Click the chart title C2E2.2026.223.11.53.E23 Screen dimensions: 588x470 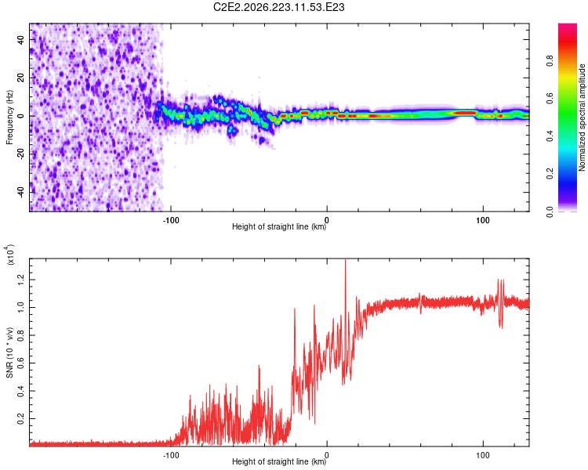click(x=278, y=7)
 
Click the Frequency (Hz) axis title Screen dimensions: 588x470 click(x=9, y=117)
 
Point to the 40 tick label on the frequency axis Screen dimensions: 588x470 click(x=20, y=39)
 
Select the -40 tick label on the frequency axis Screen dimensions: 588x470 click(x=20, y=192)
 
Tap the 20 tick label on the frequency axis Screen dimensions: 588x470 click(x=20, y=78)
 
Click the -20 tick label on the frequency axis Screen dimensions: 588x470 click(x=20, y=154)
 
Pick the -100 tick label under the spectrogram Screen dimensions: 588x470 click(x=171, y=220)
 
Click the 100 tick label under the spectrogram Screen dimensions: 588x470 click(x=483, y=220)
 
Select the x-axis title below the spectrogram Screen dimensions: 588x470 click(x=279, y=226)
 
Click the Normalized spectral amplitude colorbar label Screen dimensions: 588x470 click(x=582, y=117)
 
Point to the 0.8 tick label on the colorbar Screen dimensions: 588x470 click(x=550, y=60)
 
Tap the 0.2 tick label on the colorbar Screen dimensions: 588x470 click(x=550, y=174)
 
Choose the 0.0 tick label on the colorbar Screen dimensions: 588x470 click(x=550, y=211)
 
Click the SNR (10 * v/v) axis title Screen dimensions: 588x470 click(x=9, y=352)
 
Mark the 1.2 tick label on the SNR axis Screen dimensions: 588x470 click(x=20, y=279)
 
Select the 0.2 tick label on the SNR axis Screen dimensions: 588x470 click(x=20, y=418)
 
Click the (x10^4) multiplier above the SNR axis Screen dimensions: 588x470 click(x=9, y=255)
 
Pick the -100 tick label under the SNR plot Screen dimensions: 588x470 click(x=171, y=455)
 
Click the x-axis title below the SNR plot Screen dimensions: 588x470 click(x=279, y=461)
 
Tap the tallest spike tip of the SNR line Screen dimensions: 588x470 click(x=346, y=259)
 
